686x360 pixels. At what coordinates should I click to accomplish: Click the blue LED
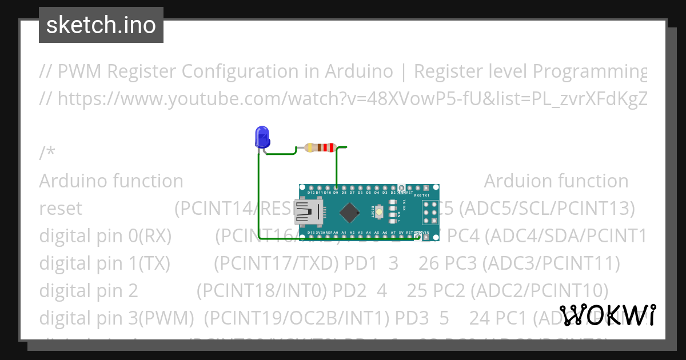(x=262, y=137)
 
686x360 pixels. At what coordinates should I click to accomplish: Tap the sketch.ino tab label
(x=101, y=25)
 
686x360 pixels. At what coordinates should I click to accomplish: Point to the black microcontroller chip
(x=349, y=213)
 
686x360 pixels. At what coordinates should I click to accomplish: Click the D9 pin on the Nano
(x=336, y=187)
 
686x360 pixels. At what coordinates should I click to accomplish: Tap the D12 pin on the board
(x=310, y=187)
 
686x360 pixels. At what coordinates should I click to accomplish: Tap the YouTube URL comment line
(x=343, y=99)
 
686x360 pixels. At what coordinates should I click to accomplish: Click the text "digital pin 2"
(x=89, y=291)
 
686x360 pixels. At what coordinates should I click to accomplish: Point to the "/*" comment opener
(x=47, y=154)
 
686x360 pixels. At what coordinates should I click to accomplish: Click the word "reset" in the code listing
(x=61, y=209)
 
